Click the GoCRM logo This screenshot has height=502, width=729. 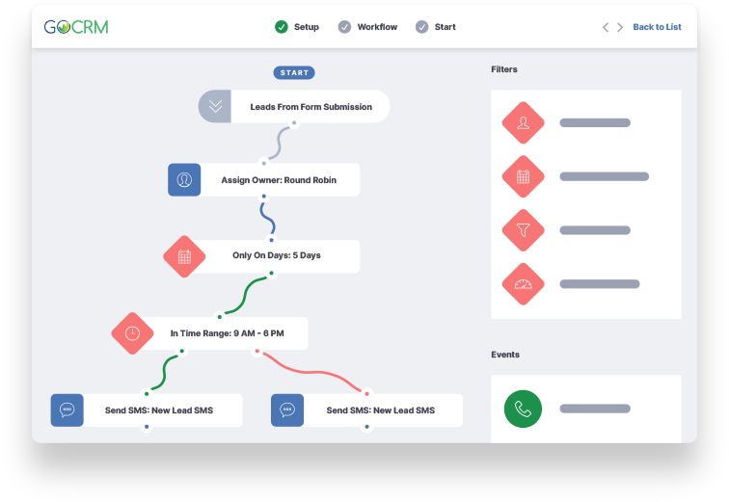pyautogui.click(x=76, y=27)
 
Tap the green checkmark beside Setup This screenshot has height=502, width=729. pyautogui.click(x=282, y=27)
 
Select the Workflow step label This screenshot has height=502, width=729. pyautogui.click(x=377, y=27)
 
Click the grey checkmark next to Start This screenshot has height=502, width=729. pyautogui.click(x=421, y=27)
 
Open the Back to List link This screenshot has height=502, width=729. pyautogui.click(x=657, y=27)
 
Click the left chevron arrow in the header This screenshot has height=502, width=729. pyautogui.click(x=606, y=27)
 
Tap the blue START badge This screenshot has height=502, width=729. pyautogui.click(x=294, y=72)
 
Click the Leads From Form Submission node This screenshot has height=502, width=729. pyautogui.click(x=294, y=107)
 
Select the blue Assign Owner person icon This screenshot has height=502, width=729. pyautogui.click(x=184, y=180)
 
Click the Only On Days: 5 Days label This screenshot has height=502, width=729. pyautogui.click(x=277, y=255)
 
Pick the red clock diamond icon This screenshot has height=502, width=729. pyautogui.click(x=132, y=333)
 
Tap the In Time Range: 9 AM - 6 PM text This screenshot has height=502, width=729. pyautogui.click(x=227, y=333)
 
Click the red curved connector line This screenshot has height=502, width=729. pyautogui.click(x=312, y=372)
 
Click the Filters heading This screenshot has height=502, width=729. pyautogui.click(x=504, y=69)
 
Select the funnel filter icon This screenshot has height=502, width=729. pyautogui.click(x=523, y=230)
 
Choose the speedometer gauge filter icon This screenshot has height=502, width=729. pyautogui.click(x=523, y=284)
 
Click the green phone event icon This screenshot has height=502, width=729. pyautogui.click(x=523, y=409)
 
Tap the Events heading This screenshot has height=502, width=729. pyautogui.click(x=505, y=355)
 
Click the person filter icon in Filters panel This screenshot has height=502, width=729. pyautogui.click(x=523, y=122)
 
